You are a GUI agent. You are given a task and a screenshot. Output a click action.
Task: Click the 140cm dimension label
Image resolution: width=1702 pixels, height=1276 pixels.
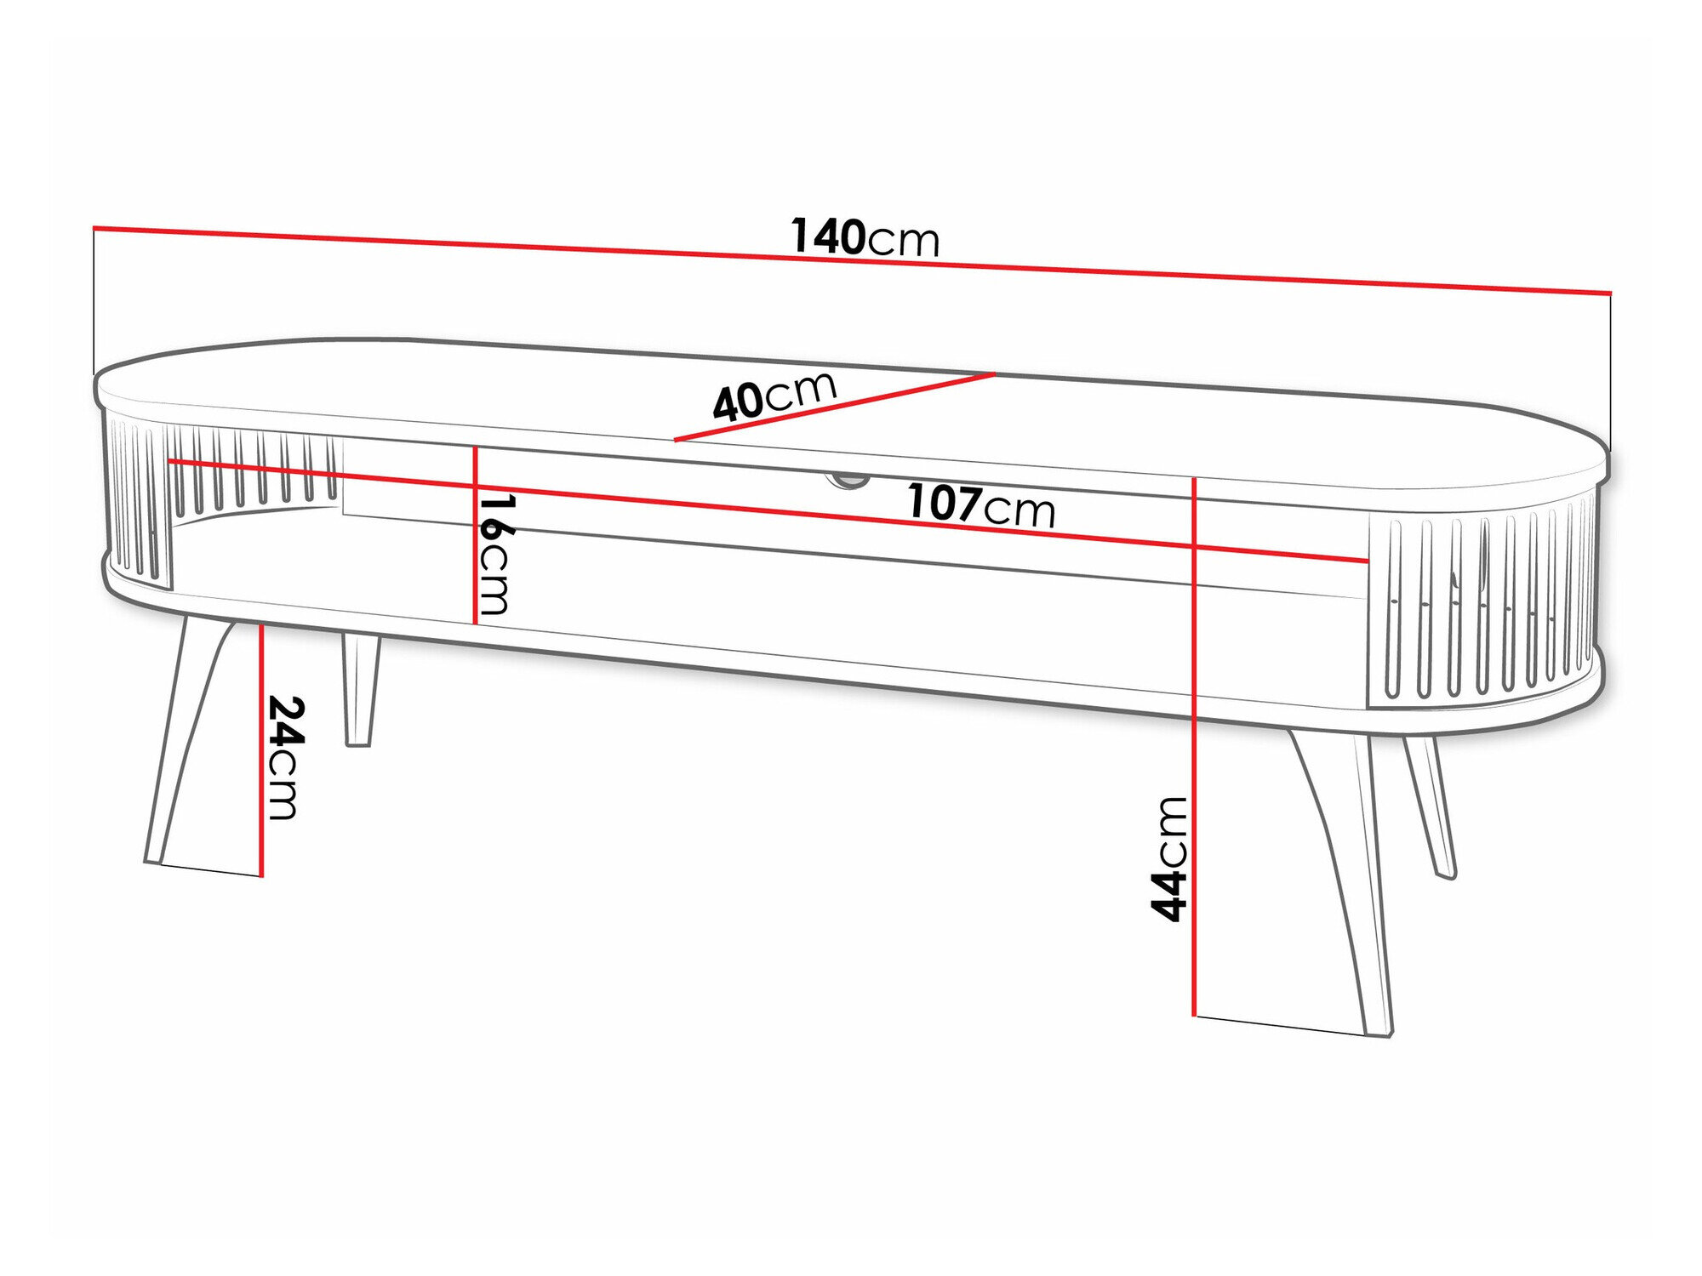[865, 237]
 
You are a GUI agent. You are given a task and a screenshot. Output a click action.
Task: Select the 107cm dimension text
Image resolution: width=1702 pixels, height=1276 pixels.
[980, 505]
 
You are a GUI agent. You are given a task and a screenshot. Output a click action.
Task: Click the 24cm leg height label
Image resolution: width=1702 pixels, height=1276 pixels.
[283, 756]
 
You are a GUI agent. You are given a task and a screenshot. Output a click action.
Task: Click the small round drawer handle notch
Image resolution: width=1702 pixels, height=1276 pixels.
[848, 481]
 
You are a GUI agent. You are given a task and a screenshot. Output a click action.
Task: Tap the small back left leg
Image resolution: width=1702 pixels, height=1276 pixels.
[360, 689]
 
